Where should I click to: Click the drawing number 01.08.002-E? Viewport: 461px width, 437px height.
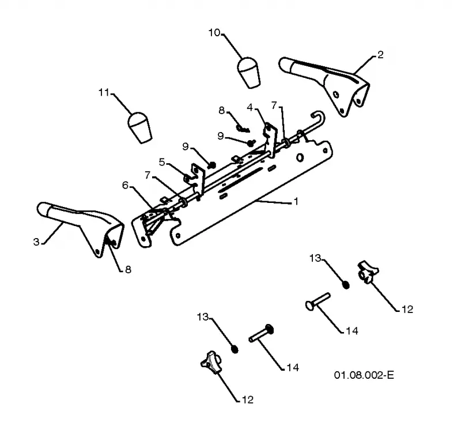click(x=364, y=375)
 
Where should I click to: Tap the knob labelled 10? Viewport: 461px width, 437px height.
click(x=249, y=72)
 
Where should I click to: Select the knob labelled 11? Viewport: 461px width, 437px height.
click(x=139, y=127)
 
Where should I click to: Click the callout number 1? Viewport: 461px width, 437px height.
click(x=296, y=201)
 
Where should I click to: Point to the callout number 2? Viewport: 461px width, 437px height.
click(x=380, y=55)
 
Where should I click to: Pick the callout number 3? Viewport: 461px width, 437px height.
click(x=36, y=242)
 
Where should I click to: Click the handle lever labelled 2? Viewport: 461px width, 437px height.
click(x=324, y=86)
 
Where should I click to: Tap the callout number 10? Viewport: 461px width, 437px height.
click(x=214, y=32)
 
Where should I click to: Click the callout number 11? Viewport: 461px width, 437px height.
click(x=104, y=92)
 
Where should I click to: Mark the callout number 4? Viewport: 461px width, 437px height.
click(x=250, y=107)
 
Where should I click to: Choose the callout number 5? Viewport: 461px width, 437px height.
click(x=162, y=162)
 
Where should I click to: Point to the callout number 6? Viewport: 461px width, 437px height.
click(x=126, y=185)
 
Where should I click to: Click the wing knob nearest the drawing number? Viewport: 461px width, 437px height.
click(x=368, y=272)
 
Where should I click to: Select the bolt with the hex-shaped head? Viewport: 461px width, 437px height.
click(x=262, y=334)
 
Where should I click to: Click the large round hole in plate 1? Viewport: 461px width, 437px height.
click(x=300, y=157)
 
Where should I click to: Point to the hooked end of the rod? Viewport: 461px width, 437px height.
click(x=319, y=116)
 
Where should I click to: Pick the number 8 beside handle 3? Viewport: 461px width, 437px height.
click(x=128, y=269)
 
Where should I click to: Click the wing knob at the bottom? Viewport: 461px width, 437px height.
click(x=210, y=362)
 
